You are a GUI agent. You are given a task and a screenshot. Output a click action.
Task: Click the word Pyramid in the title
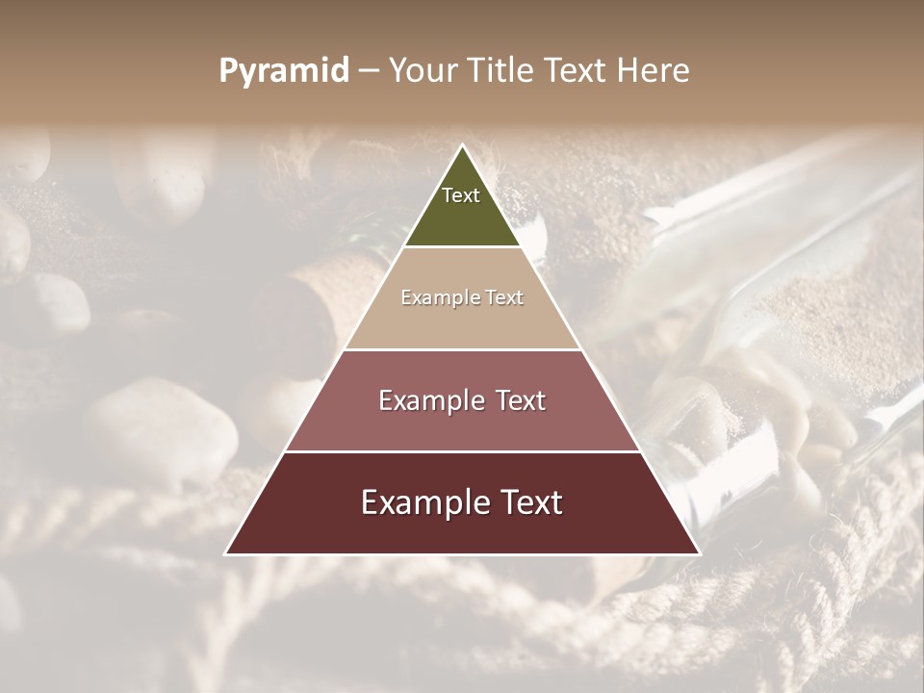coord(284,71)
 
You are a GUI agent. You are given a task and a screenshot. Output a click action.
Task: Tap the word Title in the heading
coord(500,71)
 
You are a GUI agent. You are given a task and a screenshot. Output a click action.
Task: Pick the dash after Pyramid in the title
coord(368,71)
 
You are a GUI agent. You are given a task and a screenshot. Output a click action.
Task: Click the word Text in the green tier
coord(461,195)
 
